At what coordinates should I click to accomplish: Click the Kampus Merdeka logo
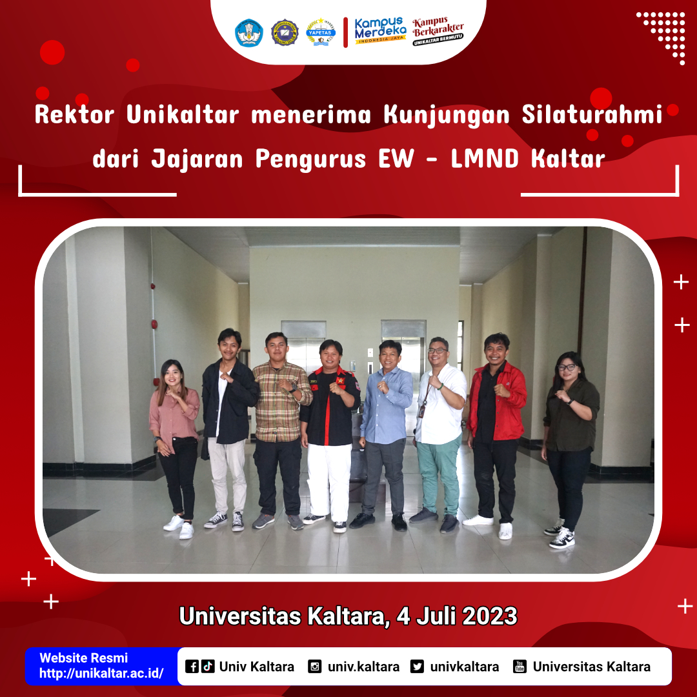pyautogui.click(x=380, y=31)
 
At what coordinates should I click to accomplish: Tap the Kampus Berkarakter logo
pyautogui.click(x=438, y=32)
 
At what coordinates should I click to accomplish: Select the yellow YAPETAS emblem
pyautogui.click(x=321, y=32)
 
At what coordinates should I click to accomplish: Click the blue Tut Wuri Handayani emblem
pyautogui.click(x=249, y=32)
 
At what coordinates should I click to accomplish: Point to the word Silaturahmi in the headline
pyautogui.click(x=592, y=115)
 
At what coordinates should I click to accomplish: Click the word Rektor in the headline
pyautogui.click(x=75, y=115)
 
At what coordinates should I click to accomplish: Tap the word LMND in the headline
pyautogui.click(x=485, y=159)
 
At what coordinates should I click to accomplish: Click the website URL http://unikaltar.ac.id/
pyautogui.click(x=101, y=673)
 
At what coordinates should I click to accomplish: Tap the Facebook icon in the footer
pyautogui.click(x=192, y=667)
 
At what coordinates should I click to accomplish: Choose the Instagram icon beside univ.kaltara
pyautogui.click(x=315, y=667)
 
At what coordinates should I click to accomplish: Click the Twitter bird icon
pyautogui.click(x=417, y=667)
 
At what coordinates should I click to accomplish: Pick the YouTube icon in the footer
pyautogui.click(x=520, y=667)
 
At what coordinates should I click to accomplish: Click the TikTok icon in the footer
pyautogui.click(x=208, y=666)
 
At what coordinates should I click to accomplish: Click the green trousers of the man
pyautogui.click(x=438, y=476)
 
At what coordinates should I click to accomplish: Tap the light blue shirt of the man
pyautogui.click(x=386, y=405)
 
